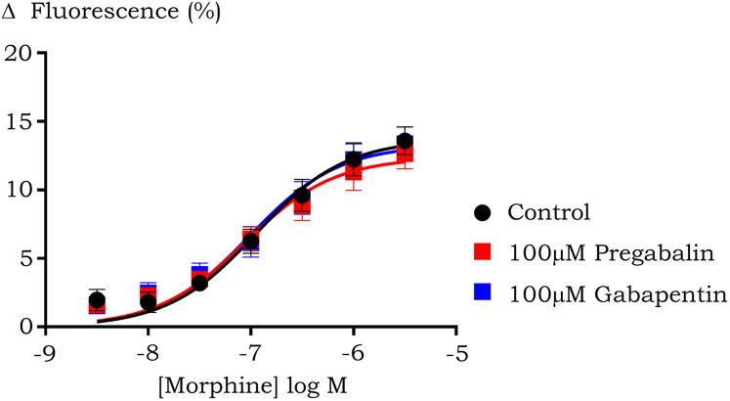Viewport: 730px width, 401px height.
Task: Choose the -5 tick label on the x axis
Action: [x=455, y=351]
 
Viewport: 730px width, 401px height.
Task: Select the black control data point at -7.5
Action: [x=199, y=283]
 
